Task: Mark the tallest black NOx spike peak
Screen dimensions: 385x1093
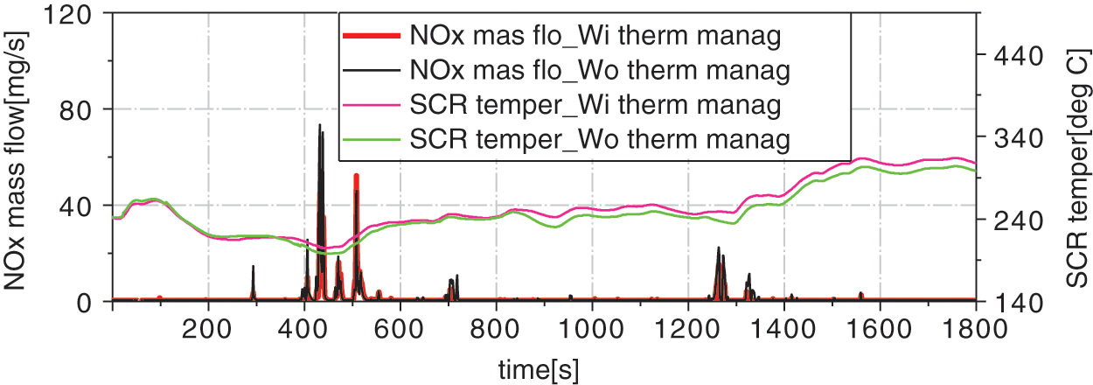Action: point(319,125)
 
